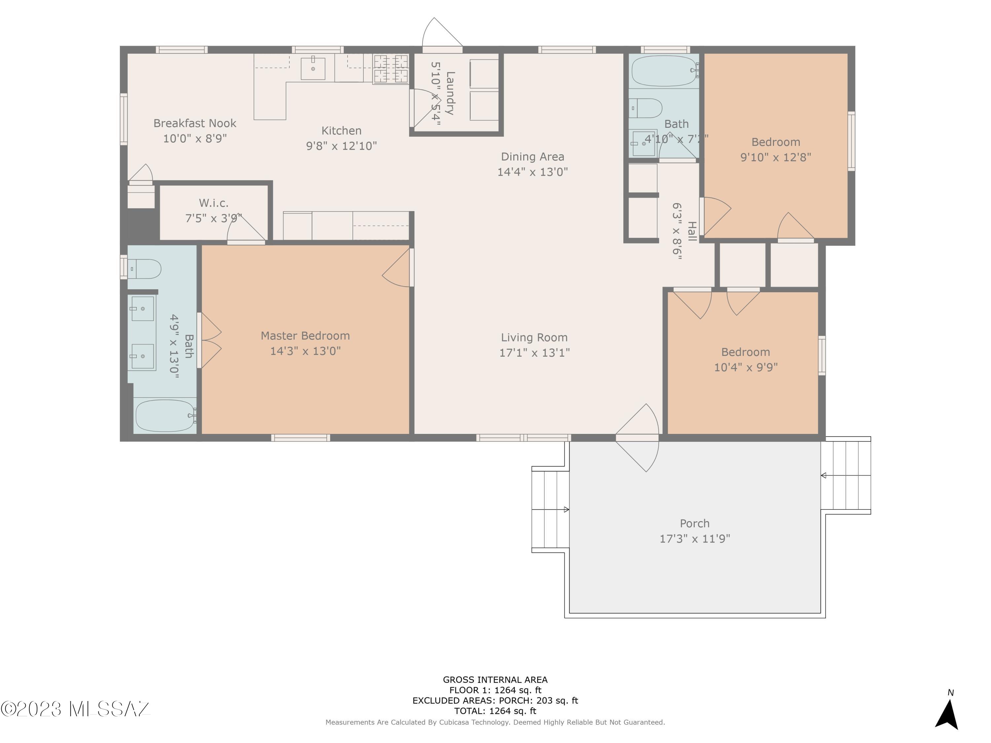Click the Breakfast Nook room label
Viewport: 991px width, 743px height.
[195, 123]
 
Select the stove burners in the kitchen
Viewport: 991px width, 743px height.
[391, 69]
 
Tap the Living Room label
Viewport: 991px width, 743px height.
[534, 338]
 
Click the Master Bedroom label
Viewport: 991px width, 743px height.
[305, 336]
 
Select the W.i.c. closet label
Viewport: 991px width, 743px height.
[214, 203]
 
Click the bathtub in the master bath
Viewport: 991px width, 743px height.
[165, 416]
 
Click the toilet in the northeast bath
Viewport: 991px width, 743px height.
[645, 108]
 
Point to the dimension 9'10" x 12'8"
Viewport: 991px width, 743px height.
[776, 158]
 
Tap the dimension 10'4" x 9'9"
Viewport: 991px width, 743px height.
[746, 368]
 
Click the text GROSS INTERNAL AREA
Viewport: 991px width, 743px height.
[495, 680]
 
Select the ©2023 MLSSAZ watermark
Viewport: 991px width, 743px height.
[75, 709]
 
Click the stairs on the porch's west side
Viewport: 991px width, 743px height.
[551, 510]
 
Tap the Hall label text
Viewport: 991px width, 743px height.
[692, 231]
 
